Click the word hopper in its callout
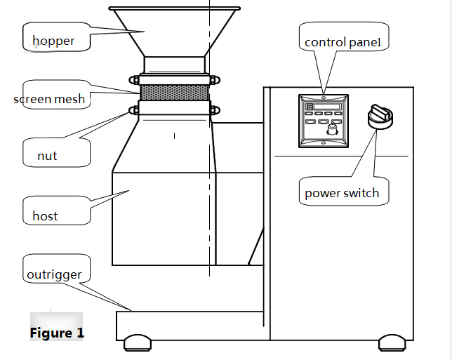[x=53, y=41]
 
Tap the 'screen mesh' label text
[x=49, y=99]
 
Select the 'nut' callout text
[x=47, y=156]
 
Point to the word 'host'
[x=45, y=216]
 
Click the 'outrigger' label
[x=54, y=274]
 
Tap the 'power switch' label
[x=342, y=193]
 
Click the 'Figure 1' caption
[x=57, y=333]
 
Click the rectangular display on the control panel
[x=324, y=106]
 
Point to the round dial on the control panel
[x=332, y=129]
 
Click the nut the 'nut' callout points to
[x=133, y=109]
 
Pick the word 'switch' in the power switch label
[x=360, y=193]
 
